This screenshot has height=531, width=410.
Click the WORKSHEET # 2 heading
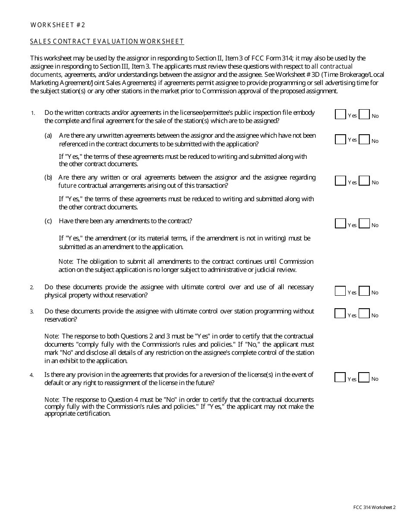coord(58,25)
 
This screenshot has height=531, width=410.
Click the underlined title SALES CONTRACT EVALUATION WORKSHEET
coord(107,41)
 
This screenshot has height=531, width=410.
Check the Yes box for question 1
coord(340,114)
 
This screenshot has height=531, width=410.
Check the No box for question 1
coord(364,114)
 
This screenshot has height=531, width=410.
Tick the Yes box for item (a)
coord(340,139)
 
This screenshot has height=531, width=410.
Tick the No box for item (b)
coord(364,181)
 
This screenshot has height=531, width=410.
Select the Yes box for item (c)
coord(340,224)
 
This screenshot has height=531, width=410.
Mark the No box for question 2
coord(364,291)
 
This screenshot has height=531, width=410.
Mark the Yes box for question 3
coord(340,313)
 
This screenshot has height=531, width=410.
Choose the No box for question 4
coord(364,377)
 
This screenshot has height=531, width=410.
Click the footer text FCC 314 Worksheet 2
coord(374,508)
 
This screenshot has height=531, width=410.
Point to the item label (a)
coord(48,136)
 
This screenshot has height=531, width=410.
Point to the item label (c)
coord(48,221)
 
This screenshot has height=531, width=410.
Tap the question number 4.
coord(32,375)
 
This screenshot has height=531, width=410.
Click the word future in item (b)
coord(67,186)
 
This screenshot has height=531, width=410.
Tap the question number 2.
coord(32,288)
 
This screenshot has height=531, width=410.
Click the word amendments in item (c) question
coord(132,221)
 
